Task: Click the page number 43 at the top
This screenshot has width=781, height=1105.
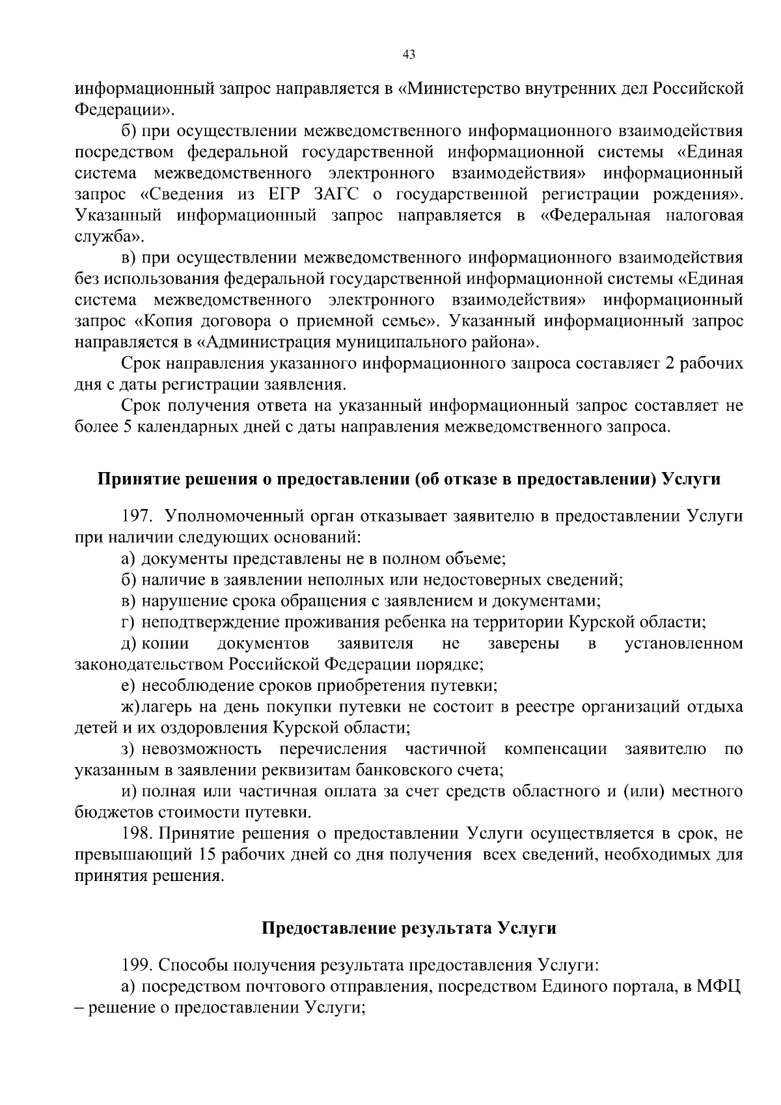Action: (409, 55)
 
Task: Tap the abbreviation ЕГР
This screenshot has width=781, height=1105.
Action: (282, 194)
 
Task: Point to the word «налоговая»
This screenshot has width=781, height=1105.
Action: (704, 216)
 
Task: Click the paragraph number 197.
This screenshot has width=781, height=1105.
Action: (137, 516)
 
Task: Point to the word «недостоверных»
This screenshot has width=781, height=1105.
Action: (478, 579)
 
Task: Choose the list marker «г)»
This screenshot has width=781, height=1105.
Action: (128, 622)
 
